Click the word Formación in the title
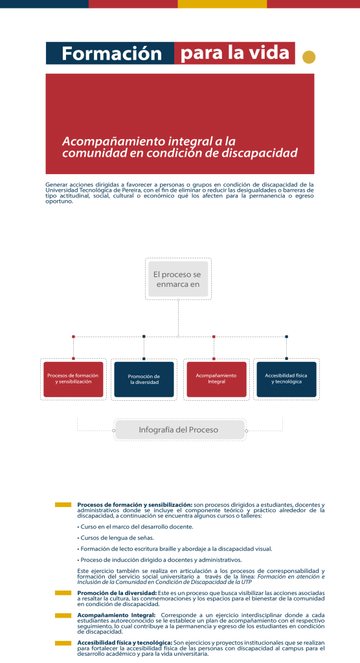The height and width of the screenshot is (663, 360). [x=111, y=54]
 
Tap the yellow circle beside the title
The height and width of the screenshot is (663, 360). [x=309, y=57]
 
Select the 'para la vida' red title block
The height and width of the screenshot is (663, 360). [x=234, y=53]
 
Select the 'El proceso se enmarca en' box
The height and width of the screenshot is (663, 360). [x=178, y=279]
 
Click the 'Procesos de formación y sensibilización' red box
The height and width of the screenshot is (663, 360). [x=73, y=379]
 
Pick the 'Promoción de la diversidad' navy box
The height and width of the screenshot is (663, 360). [x=144, y=379]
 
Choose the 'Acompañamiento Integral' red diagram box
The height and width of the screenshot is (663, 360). [x=216, y=379]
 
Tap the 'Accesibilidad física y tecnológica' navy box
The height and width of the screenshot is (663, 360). [x=286, y=379]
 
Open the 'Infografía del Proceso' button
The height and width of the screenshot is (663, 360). [x=180, y=430]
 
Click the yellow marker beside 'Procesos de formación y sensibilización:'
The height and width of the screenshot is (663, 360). [x=63, y=504]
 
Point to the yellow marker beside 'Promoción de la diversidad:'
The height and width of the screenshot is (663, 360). [x=63, y=593]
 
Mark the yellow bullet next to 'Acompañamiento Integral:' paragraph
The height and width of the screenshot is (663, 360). [x=63, y=615]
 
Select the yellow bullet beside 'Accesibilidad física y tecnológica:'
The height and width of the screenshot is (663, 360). [x=63, y=643]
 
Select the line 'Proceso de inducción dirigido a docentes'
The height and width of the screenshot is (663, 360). [x=159, y=560]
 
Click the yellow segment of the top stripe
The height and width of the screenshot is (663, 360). [x=222, y=4]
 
